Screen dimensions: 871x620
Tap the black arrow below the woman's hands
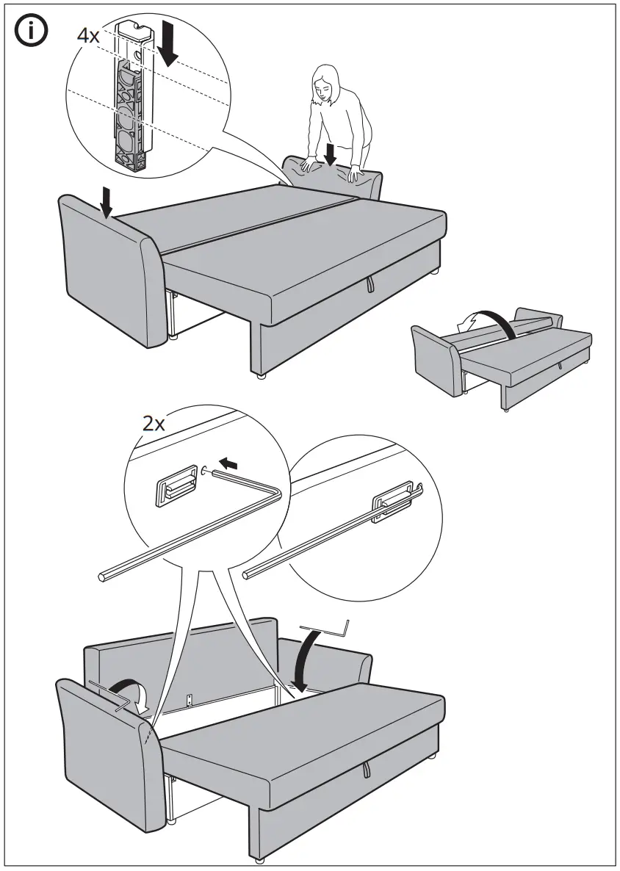tap(331, 153)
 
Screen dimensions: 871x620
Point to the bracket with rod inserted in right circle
tap(393, 505)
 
